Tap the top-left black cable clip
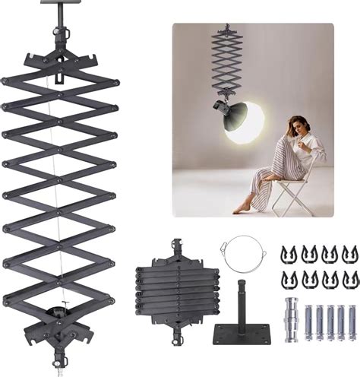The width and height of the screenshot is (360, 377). click(x=289, y=253)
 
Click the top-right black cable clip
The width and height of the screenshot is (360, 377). click(x=349, y=253)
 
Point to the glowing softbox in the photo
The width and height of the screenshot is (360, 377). click(x=247, y=121)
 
